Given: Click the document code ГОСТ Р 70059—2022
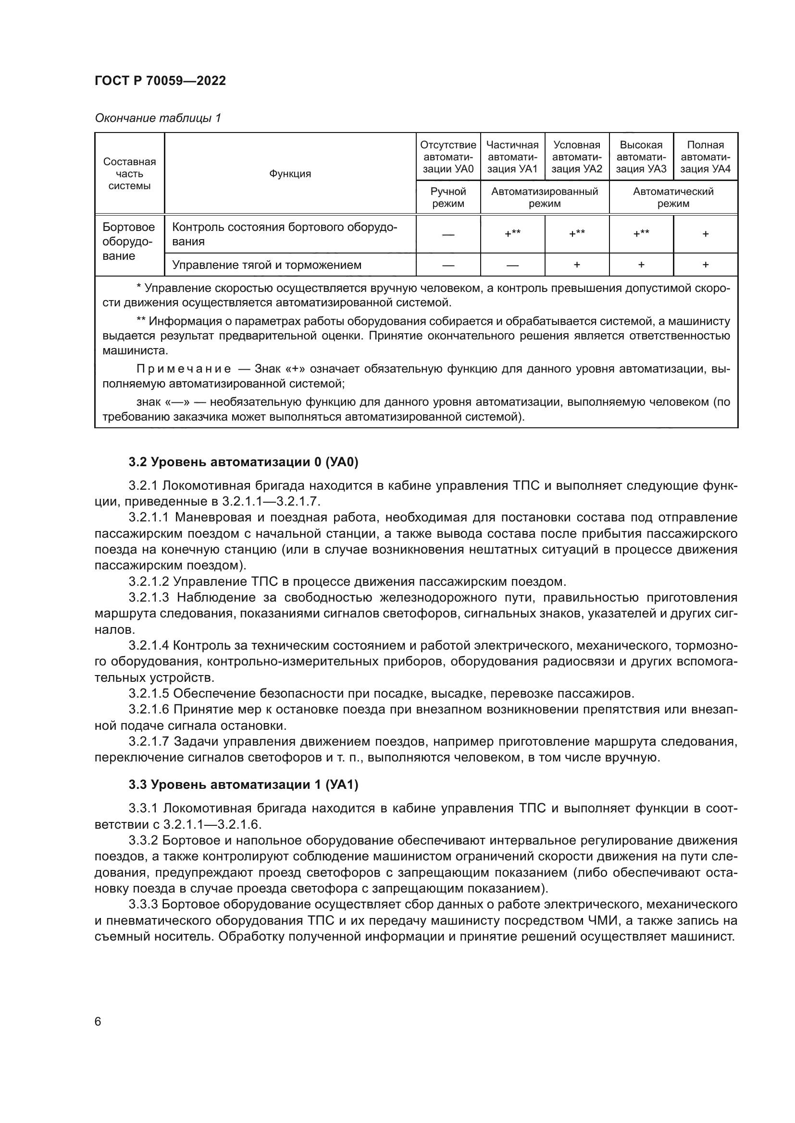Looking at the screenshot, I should [x=160, y=81].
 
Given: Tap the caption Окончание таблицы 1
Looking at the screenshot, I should [x=158, y=118].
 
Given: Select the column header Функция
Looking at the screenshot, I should [x=290, y=174].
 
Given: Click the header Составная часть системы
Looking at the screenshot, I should [x=129, y=174].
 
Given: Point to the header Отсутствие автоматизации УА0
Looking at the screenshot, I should [x=448, y=157].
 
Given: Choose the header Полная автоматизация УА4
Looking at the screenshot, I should [x=705, y=157].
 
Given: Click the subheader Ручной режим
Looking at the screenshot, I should [x=448, y=198].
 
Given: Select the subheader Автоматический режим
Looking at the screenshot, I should [x=673, y=198].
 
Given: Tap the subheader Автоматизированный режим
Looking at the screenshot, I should [x=545, y=198].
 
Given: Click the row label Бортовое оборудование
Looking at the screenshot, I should [x=128, y=242].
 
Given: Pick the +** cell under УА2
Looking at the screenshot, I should [x=577, y=234].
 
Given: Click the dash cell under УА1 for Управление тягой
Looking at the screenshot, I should [x=512, y=265].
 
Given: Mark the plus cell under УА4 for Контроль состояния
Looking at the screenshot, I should [x=706, y=234].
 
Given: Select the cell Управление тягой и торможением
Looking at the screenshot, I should [x=267, y=265].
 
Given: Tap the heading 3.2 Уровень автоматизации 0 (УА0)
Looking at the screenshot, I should [x=243, y=462].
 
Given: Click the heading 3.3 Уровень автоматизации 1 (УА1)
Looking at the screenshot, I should [x=243, y=785].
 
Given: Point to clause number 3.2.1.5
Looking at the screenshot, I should [x=149, y=694].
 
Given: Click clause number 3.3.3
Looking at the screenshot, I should [x=143, y=905].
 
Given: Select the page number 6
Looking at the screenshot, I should [x=98, y=1022].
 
